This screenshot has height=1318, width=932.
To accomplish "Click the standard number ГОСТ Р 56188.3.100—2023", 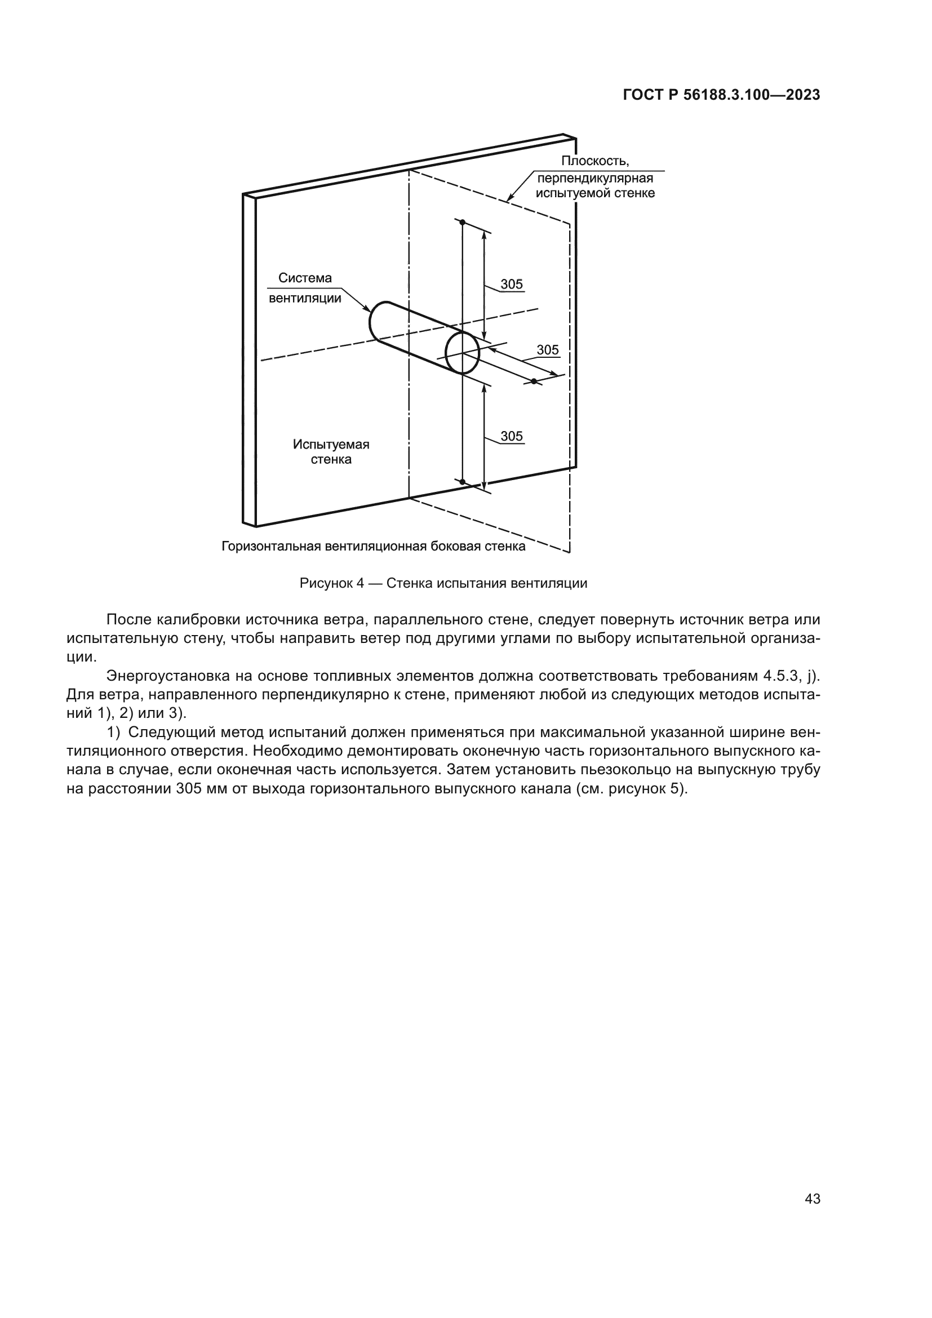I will click(x=721, y=95).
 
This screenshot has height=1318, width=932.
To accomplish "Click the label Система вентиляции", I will click(x=305, y=287).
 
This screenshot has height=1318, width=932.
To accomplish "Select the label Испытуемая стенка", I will click(x=331, y=452).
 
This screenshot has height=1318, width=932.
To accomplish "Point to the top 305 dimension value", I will click(x=511, y=284).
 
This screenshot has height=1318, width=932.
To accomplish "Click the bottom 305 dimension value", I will click(x=511, y=436).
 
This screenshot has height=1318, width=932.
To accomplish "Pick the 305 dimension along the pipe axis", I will click(x=548, y=350).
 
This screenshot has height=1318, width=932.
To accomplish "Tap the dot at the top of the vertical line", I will click(x=463, y=222).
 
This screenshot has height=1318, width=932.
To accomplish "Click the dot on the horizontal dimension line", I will click(x=534, y=381).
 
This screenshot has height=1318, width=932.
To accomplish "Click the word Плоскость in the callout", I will click(x=594, y=161).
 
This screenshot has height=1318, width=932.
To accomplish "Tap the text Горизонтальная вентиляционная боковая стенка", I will click(x=373, y=547).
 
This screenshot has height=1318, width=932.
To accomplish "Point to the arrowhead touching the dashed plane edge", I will click(x=509, y=198).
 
